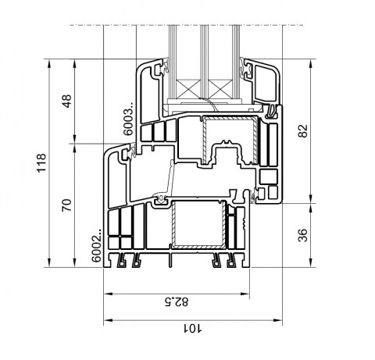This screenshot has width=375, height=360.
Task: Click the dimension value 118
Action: click(x=41, y=163)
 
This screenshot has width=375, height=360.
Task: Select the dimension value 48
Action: click(x=67, y=101)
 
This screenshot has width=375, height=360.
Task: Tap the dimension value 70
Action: click(x=66, y=205)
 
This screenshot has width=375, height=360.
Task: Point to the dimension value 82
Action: click(x=302, y=131)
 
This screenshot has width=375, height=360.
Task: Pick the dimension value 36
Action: click(x=302, y=235)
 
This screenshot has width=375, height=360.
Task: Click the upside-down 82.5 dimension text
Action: click(x=177, y=301)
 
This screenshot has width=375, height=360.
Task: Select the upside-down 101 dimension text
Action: click(x=192, y=328)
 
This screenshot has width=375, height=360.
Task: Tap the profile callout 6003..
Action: click(x=128, y=119)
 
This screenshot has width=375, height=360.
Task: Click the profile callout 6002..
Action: click(x=97, y=245)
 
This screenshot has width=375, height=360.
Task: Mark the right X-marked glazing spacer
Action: click(x=220, y=89)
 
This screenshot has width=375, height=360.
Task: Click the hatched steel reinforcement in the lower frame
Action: click(x=198, y=224)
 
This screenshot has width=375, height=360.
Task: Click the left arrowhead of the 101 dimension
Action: click(x=108, y=320)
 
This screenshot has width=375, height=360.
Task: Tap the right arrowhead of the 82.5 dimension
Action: click(x=245, y=294)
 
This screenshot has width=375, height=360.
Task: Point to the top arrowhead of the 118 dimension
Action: click(x=49, y=63)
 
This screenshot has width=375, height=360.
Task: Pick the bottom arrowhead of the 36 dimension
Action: click(x=311, y=262)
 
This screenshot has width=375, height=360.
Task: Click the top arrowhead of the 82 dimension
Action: click(x=311, y=64)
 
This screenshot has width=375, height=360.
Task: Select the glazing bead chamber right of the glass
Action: click(x=265, y=83)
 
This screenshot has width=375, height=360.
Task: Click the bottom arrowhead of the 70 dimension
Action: click(x=75, y=262)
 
